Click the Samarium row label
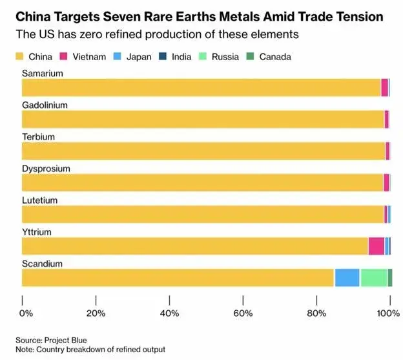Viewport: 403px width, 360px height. [43, 74]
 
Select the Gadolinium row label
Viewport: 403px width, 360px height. [45, 105]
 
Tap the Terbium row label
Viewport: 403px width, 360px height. [39, 137]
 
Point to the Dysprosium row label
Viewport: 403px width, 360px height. [46, 169]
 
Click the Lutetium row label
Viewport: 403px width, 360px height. [40, 200]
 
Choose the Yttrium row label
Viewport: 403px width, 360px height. [37, 232]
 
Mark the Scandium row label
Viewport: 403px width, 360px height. [42, 264]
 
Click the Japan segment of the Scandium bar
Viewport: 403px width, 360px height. [347, 277]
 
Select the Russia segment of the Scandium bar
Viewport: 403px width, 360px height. [373, 277]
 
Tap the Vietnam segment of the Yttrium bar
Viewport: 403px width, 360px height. [376, 246]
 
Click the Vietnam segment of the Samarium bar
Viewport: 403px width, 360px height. [384, 87]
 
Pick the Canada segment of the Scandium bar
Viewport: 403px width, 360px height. [389, 277]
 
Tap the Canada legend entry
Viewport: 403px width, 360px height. [269, 57]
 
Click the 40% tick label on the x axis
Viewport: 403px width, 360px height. [170, 313]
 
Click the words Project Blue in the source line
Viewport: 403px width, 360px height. [65, 340]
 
